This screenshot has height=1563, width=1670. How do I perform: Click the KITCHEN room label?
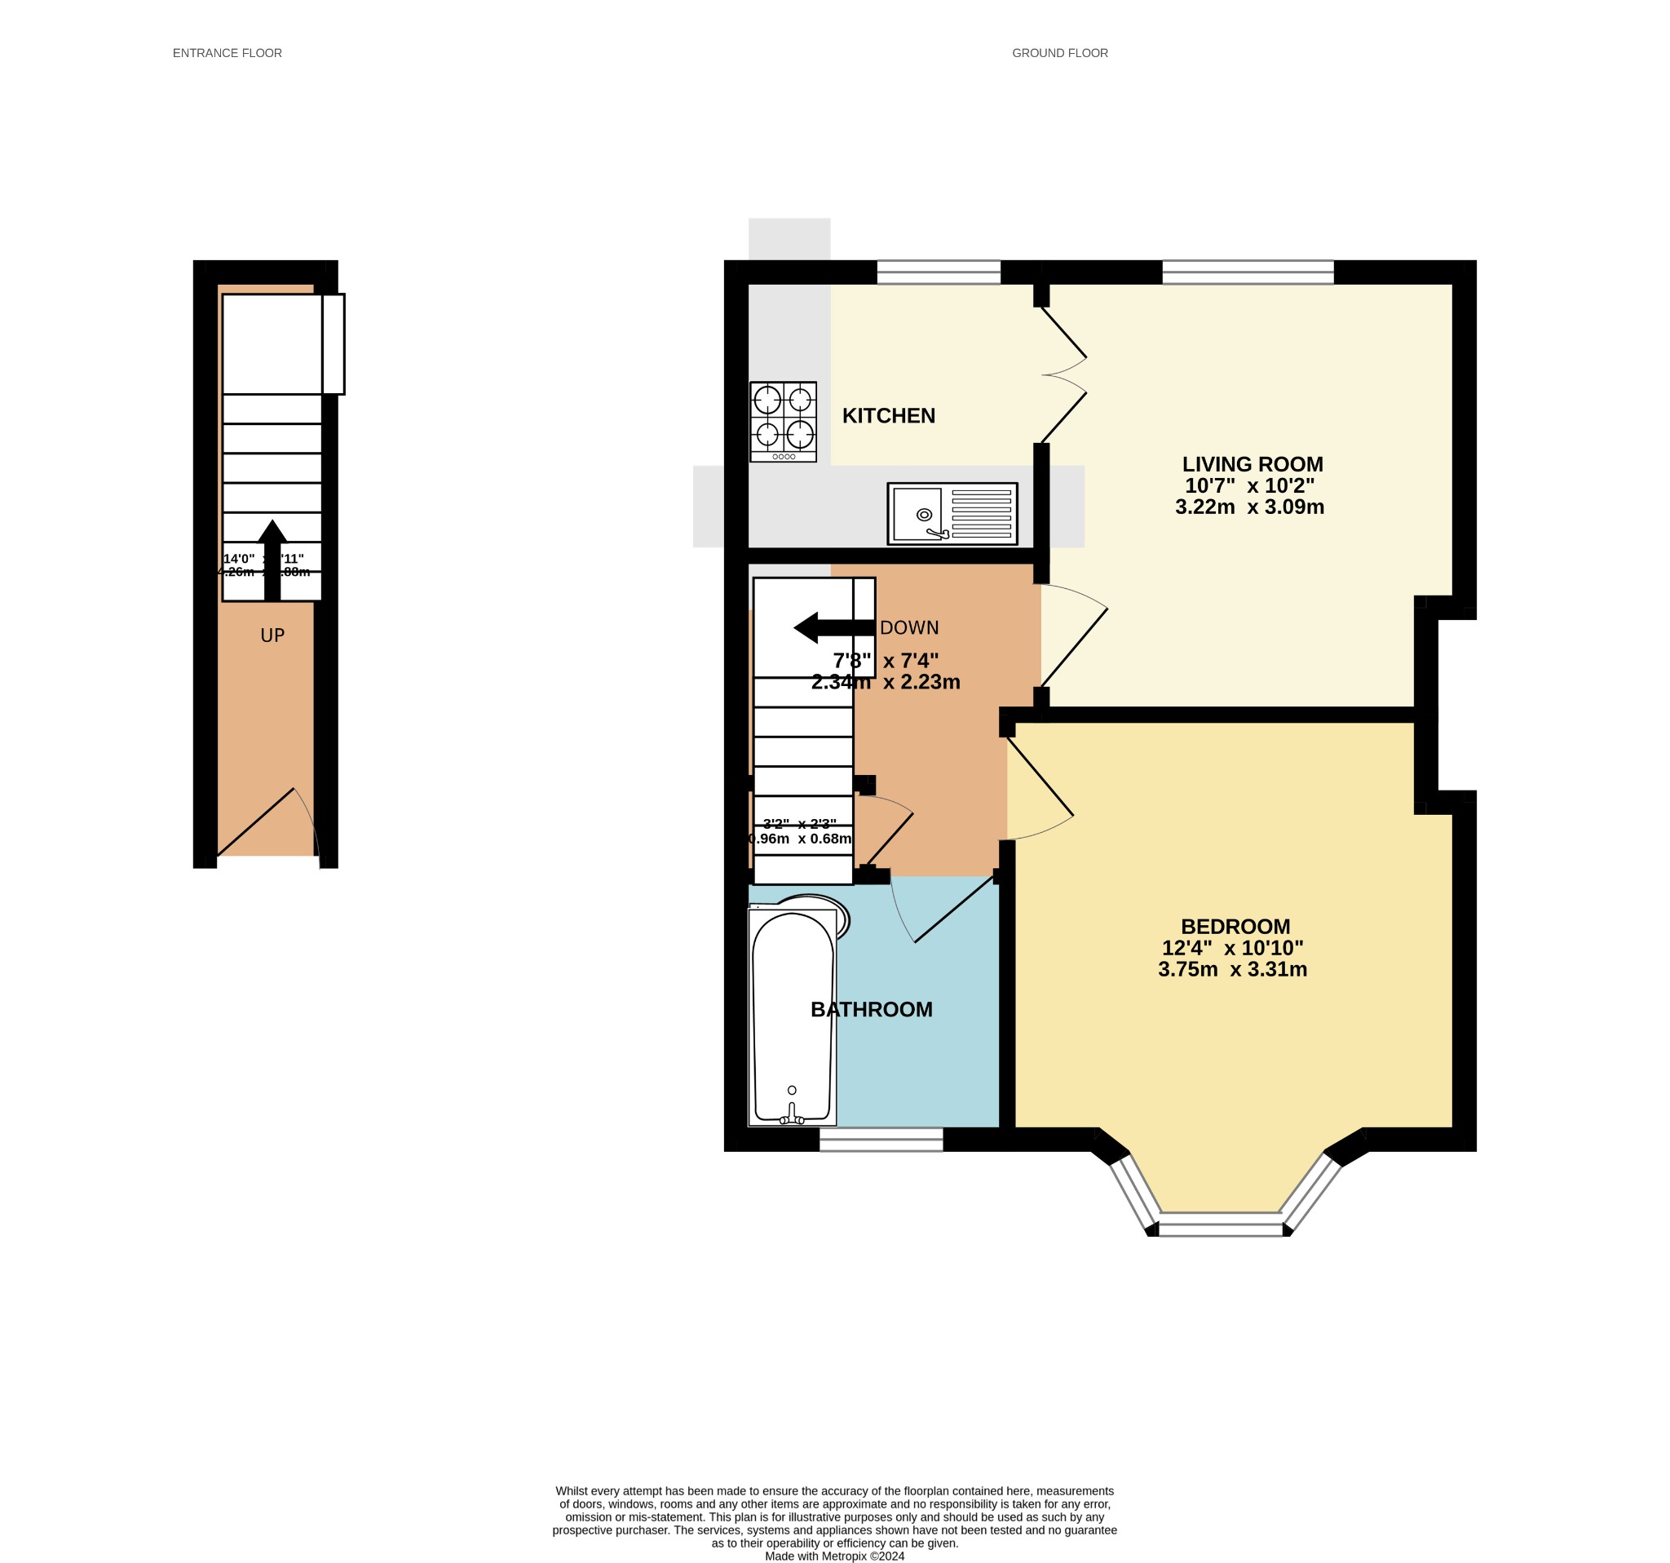pyautogui.click(x=888, y=416)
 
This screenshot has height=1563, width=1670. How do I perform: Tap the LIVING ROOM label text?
pyautogui.click(x=1252, y=464)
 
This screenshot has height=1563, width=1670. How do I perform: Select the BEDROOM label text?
pyautogui.click(x=1235, y=926)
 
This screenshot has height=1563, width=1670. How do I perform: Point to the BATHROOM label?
pyautogui.click(x=871, y=1009)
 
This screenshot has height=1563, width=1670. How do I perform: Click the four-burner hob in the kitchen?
pyautogui.click(x=783, y=421)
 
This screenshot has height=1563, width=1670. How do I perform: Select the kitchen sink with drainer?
pyautogui.click(x=952, y=513)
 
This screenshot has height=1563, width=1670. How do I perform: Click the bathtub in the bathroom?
pyautogui.click(x=792, y=1016)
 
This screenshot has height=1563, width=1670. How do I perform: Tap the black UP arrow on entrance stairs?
pyautogui.click(x=272, y=559)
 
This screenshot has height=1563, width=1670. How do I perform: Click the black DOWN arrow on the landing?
pyautogui.click(x=833, y=627)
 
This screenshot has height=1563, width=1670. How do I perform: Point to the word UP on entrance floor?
pyautogui.click(x=272, y=636)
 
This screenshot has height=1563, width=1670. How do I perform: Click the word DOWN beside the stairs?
pyautogui.click(x=909, y=627)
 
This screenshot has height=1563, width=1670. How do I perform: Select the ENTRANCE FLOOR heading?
pyautogui.click(x=227, y=53)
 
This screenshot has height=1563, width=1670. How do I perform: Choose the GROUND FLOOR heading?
pyautogui.click(x=1059, y=53)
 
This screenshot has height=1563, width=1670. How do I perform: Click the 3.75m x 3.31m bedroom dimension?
pyautogui.click(x=1231, y=969)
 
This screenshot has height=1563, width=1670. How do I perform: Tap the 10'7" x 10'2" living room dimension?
pyautogui.click(x=1249, y=485)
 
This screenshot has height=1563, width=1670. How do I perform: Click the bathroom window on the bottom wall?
pyautogui.click(x=881, y=1139)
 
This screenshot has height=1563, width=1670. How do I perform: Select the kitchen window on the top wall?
pyautogui.click(x=939, y=272)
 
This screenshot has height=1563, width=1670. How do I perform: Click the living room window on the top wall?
pyautogui.click(x=1248, y=272)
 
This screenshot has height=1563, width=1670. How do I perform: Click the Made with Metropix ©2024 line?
pyautogui.click(x=834, y=1556)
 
